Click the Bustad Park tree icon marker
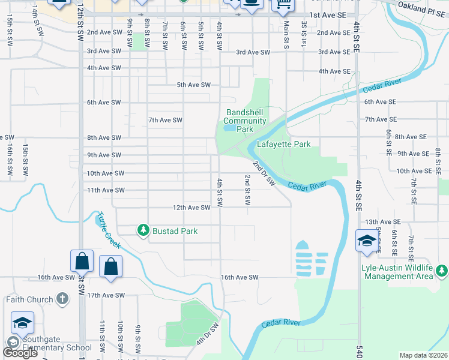(143, 230)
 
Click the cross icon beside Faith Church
(62, 299)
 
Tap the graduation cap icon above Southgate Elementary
(22, 323)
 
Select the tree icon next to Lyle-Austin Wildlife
(442, 271)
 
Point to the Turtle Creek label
(109, 230)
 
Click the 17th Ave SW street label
(106, 295)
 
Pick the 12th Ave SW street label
(191, 208)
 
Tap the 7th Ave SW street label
(165, 120)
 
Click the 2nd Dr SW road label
(263, 173)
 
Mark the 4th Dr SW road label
(206, 335)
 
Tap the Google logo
(20, 353)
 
